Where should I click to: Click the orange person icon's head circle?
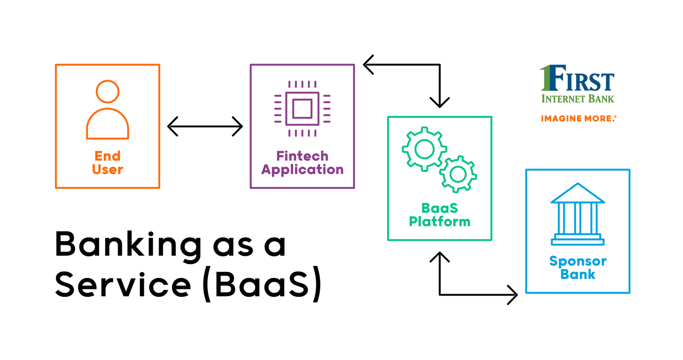tap(107, 91)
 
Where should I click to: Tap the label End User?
tap(107, 163)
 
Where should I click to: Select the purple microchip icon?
tap(302, 108)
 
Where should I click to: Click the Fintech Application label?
tap(302, 163)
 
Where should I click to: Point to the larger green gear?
tap(424, 149)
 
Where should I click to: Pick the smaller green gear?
tap(458, 174)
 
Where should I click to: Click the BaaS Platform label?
tap(439, 215)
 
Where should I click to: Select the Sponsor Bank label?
tap(577, 268)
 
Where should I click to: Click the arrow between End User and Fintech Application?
tap(205, 127)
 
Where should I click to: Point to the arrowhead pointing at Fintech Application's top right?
tap(368, 64)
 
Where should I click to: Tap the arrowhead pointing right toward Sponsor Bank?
tap(512, 295)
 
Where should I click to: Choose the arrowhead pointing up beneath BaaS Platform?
tap(439, 257)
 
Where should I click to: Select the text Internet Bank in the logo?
tap(577, 99)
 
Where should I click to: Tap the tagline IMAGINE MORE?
tap(578, 118)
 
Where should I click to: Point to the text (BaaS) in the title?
tap(262, 286)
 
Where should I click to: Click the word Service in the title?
tap(123, 286)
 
